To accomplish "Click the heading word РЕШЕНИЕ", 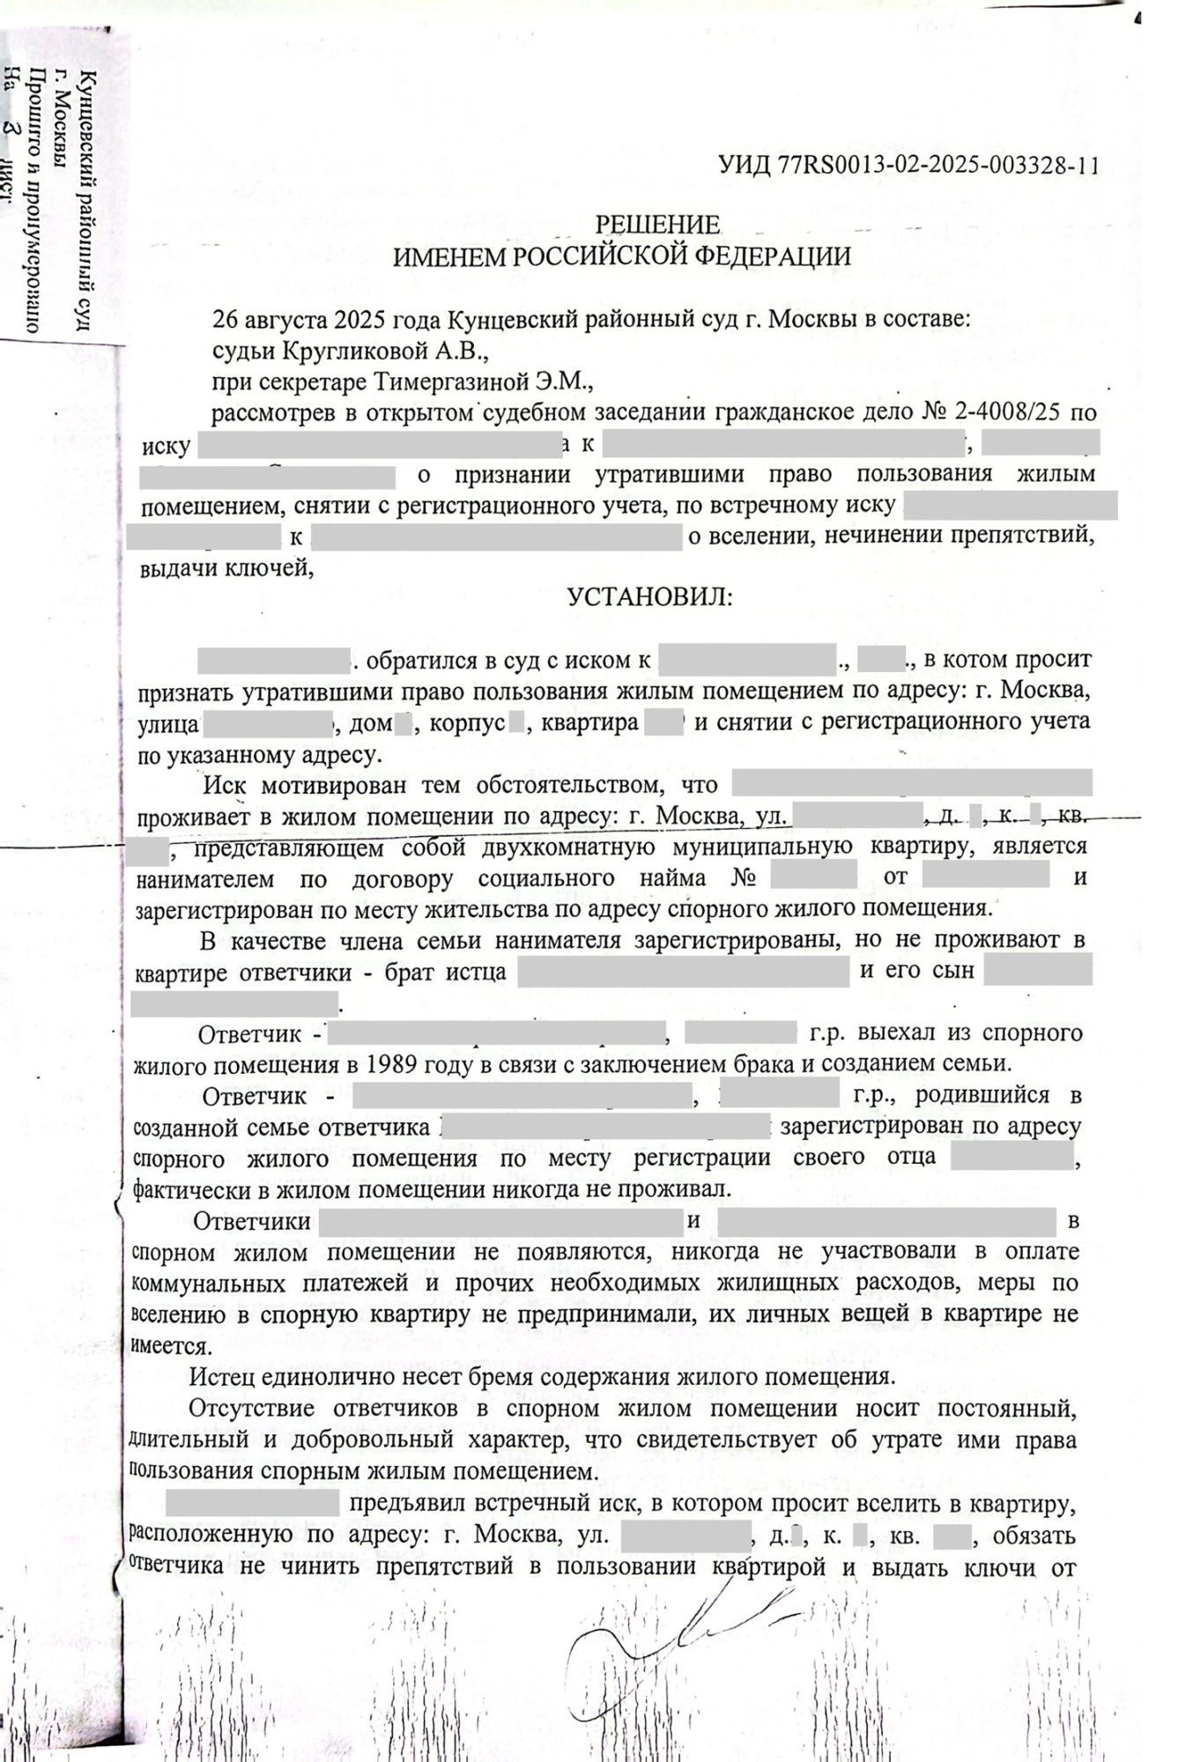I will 656,226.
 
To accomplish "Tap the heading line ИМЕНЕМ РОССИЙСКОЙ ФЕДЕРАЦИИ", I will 621,257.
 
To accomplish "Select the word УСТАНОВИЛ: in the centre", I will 648,598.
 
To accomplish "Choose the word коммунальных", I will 208,1284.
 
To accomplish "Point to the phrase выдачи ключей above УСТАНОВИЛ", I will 226,568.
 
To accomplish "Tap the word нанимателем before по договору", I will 204,879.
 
